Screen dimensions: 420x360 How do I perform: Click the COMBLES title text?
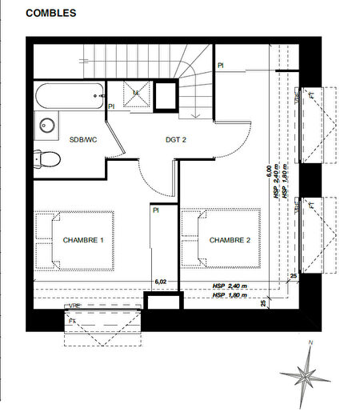tap(51, 14)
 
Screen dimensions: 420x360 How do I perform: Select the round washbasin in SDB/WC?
tap(46, 125)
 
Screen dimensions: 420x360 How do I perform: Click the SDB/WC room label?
tap(83, 139)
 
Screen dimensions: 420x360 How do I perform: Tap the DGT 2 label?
tap(177, 139)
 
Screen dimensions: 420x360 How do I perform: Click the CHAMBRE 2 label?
tap(230, 240)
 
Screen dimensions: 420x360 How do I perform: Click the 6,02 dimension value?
tap(161, 281)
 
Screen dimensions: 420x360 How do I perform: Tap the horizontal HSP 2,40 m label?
tap(230, 286)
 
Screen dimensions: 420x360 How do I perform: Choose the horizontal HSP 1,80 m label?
tap(230, 296)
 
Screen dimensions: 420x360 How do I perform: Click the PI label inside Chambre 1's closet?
tap(157, 210)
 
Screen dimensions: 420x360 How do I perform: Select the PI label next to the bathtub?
tap(112, 105)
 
